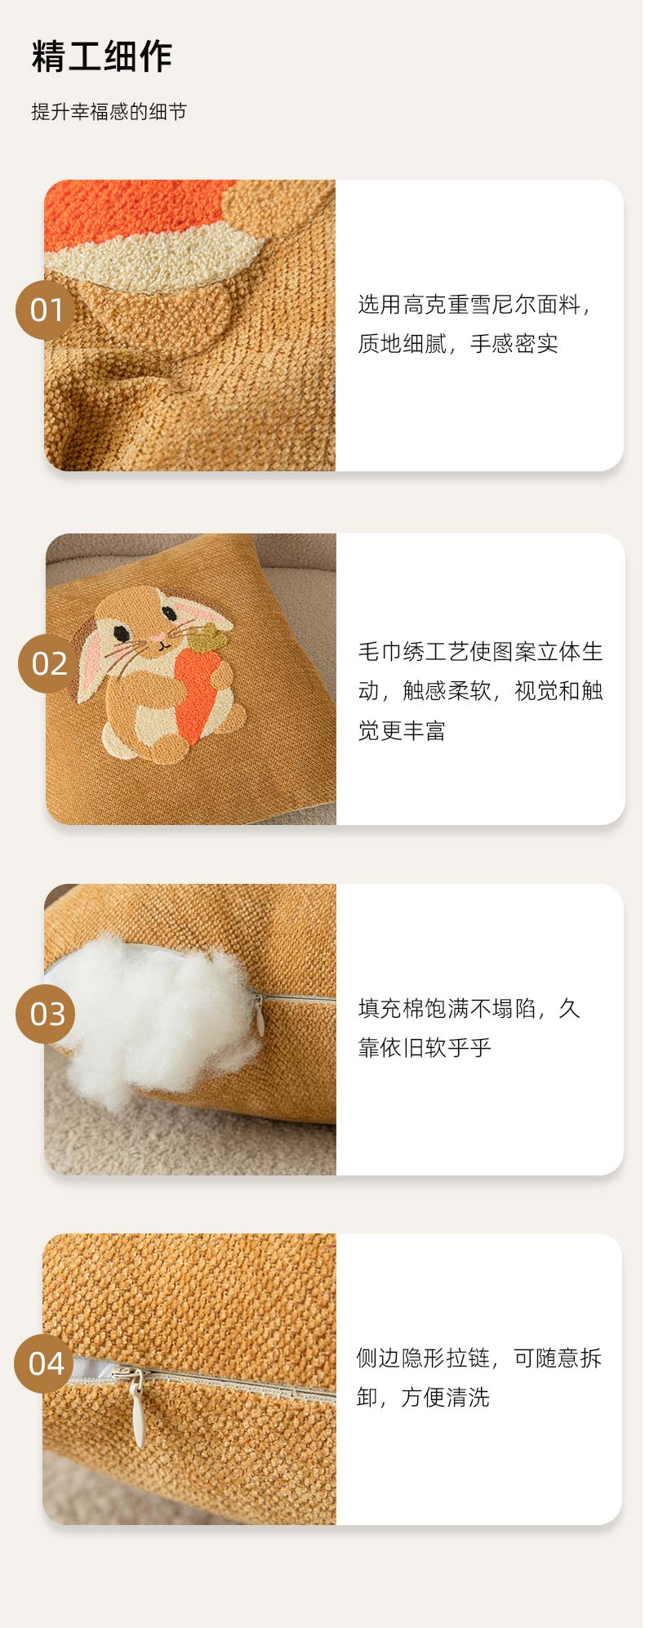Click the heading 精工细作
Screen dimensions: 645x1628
point(102,56)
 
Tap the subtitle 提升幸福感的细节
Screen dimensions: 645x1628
point(109,112)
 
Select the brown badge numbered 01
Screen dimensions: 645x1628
point(46,310)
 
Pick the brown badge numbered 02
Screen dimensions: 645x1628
point(48,663)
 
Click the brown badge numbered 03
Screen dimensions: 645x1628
point(46,1014)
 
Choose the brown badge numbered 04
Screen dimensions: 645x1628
point(45,1363)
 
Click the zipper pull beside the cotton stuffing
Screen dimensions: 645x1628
point(260,1015)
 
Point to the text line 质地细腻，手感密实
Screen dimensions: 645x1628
point(458,344)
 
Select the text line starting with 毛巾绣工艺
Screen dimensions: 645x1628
point(481,651)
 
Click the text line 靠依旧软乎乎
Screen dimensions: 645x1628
point(425,1047)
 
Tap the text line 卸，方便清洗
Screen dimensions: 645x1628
point(422,1397)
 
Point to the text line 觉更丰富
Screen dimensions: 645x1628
point(402,729)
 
